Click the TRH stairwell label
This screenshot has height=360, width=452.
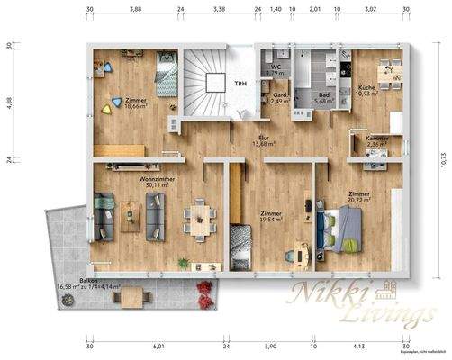tap(240, 84)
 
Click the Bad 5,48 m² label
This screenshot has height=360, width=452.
tap(324, 99)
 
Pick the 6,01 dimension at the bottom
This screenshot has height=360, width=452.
tap(158, 346)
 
